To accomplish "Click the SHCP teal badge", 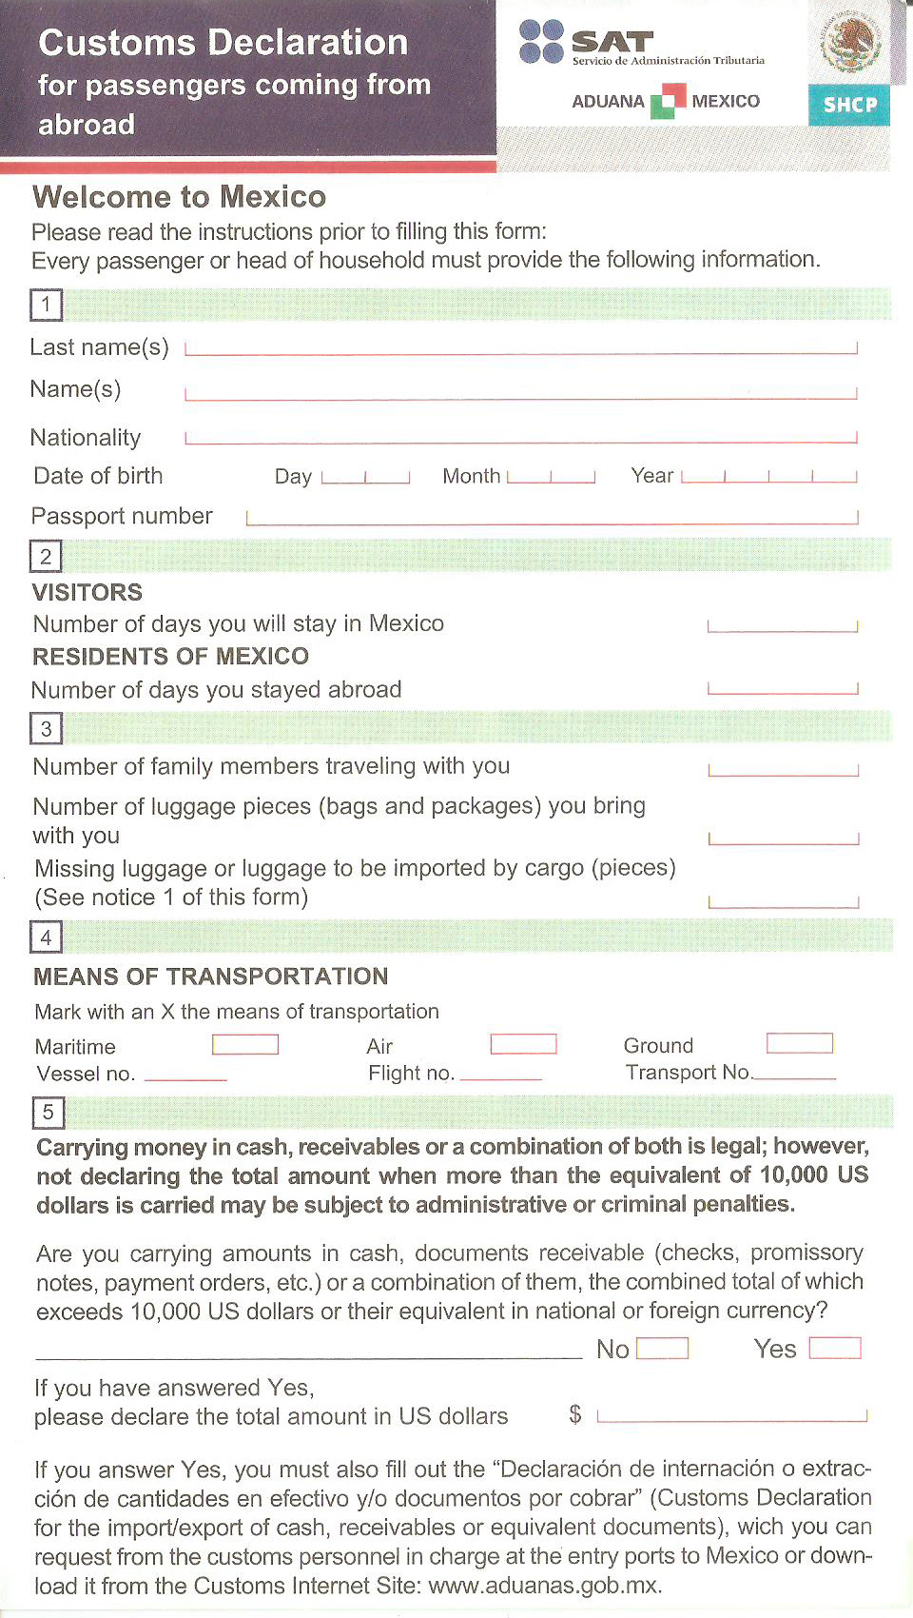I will pyautogui.click(x=849, y=105).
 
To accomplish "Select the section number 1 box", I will pyautogui.click(x=46, y=306).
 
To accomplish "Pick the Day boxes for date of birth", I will pyautogui.click(x=365, y=477).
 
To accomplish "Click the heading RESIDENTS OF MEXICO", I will pyautogui.click(x=171, y=657).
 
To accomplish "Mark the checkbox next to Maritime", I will pyautogui.click(x=245, y=1045).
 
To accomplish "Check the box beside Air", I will pyautogui.click(x=523, y=1044).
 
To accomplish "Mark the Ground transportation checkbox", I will pyautogui.click(x=800, y=1043).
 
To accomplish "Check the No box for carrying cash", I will pyautogui.click(x=662, y=1349).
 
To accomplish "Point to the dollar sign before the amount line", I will pyautogui.click(x=575, y=1414).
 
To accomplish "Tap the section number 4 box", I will pyautogui.click(x=46, y=937).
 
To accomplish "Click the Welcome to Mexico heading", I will pyautogui.click(x=180, y=197).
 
